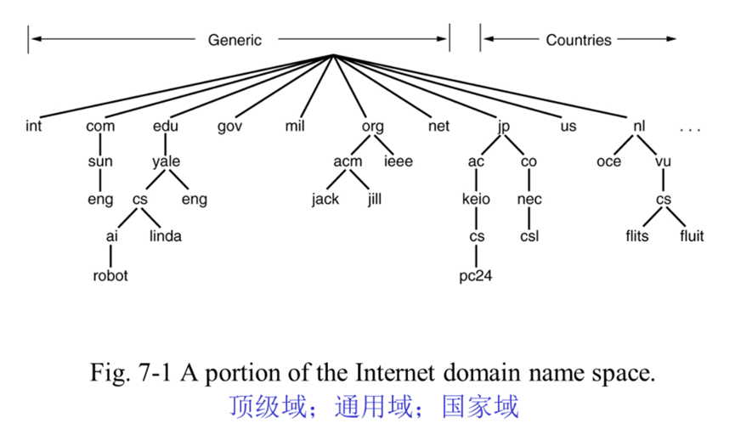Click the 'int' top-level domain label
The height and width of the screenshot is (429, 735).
point(33,127)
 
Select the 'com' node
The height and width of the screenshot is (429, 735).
point(100,127)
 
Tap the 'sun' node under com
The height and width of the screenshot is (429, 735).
point(100,162)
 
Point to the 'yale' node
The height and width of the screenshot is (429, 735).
point(167,162)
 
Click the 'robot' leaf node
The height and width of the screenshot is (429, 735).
point(110,275)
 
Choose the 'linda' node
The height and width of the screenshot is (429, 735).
point(166,236)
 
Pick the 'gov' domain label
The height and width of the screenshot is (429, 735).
point(230,127)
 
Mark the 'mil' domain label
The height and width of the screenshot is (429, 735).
point(296,127)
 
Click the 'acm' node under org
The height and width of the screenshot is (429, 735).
point(348,162)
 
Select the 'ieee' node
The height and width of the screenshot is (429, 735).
point(398,162)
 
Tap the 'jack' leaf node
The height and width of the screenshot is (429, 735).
point(325,200)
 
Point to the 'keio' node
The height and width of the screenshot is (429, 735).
point(476,200)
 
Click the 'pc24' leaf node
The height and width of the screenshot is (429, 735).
point(476,275)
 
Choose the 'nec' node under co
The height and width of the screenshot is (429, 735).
point(529,200)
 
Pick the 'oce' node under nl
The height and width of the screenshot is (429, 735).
point(608,162)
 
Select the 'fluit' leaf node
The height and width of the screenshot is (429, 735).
point(692,236)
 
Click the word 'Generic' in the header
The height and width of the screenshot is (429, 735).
point(235,40)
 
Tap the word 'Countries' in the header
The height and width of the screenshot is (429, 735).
point(578,40)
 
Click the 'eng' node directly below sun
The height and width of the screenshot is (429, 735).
point(100,200)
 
